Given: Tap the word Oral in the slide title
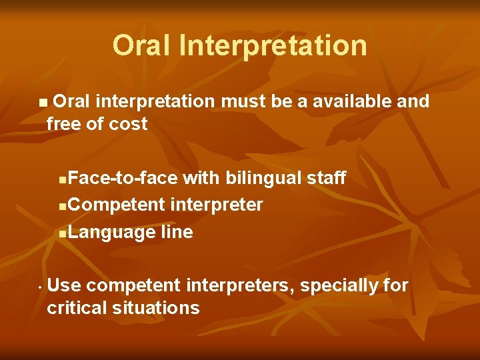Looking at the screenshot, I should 140,46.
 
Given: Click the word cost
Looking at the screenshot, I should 128,124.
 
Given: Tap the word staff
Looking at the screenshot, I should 326,178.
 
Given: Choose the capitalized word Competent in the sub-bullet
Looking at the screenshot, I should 117,205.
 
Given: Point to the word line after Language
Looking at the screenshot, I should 177,232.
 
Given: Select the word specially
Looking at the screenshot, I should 339,286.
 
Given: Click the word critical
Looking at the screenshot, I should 78,308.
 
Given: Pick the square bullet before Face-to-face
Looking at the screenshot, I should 62,179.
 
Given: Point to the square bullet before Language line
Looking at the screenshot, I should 62,233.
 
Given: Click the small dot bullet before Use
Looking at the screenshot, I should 41,288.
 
